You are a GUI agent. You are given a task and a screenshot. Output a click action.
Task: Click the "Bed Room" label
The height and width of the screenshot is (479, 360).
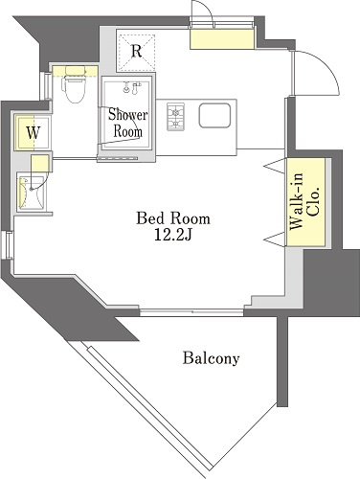[x=173, y=218]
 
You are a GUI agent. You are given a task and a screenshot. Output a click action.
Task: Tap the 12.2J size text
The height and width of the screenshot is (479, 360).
[x=172, y=235]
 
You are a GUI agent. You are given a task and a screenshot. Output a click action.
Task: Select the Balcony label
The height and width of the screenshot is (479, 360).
[x=211, y=358]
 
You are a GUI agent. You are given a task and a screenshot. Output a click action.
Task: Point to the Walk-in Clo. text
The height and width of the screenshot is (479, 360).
[x=304, y=202]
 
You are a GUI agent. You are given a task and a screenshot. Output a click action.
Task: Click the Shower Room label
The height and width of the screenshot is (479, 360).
[x=128, y=123]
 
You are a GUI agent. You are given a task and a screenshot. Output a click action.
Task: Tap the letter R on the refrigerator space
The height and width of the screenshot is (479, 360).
[x=137, y=51]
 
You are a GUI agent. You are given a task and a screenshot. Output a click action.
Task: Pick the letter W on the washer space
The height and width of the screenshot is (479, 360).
[x=34, y=132]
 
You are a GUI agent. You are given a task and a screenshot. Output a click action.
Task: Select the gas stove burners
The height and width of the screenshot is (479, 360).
[x=175, y=117]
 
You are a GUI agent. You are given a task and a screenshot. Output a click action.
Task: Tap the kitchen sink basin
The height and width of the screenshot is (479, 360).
[x=214, y=115]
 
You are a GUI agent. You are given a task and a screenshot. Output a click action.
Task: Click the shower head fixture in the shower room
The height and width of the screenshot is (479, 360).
[x=132, y=87]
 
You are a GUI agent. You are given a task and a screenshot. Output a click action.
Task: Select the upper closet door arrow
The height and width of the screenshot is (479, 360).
[x=274, y=166]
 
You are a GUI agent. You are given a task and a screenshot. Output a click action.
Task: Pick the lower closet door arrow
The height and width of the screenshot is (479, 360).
[x=274, y=239]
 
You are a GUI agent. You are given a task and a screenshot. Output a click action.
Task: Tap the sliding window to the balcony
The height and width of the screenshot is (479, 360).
[x=191, y=312]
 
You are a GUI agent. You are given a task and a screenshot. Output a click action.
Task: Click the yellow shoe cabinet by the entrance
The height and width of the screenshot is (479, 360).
[x=222, y=38]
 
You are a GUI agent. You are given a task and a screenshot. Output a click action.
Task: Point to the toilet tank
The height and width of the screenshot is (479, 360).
[x=76, y=70]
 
